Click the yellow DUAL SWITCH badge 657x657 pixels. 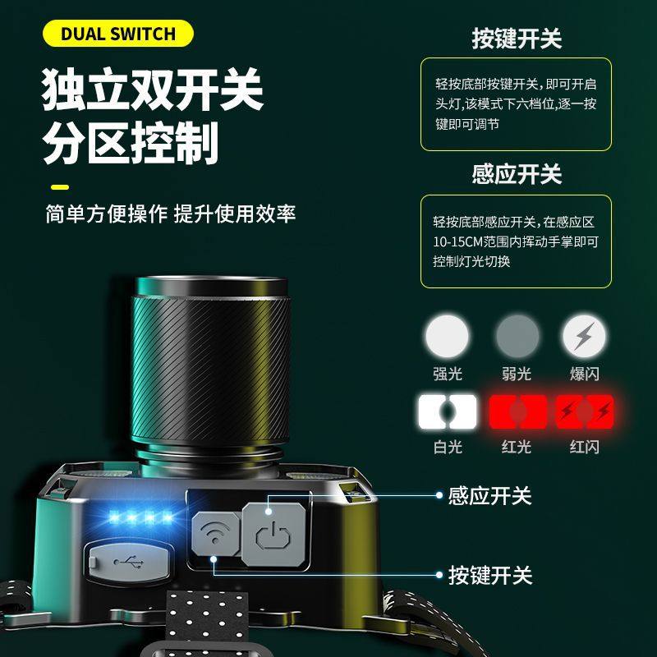tap(118, 34)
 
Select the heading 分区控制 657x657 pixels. tap(131, 145)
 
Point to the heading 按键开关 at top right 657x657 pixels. tap(517, 38)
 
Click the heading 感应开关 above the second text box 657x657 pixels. tap(517, 174)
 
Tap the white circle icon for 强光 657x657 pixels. tap(448, 336)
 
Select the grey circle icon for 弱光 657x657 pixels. tap(517, 336)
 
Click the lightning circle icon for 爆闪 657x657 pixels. tap(585, 336)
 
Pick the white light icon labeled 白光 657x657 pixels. tap(448, 411)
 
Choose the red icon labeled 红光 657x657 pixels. tap(517, 411)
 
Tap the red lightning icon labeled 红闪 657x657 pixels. tap(585, 411)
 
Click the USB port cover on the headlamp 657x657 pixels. tap(129, 563)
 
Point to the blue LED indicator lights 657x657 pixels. tap(141, 518)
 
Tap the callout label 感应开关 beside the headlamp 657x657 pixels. tap(489, 496)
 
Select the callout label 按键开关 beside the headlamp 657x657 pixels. tap(489, 575)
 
